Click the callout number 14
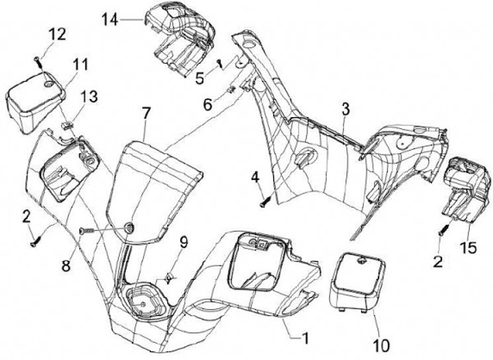coord(109,19)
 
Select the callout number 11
coord(81,65)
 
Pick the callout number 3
coord(346,107)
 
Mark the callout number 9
coord(183,242)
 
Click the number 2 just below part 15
coord(439,260)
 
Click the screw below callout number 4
coord(263,201)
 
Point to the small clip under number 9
coord(166,278)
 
